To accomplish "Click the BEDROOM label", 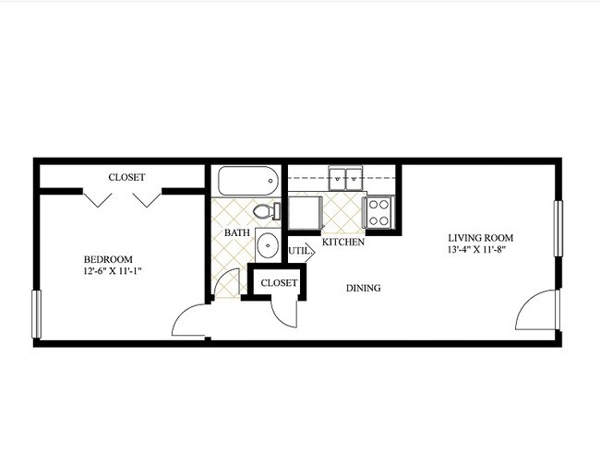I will click(x=109, y=259).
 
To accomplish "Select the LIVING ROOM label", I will click(x=476, y=235).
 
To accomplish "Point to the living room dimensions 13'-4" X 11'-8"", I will click(x=476, y=248).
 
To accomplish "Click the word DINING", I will click(x=364, y=288).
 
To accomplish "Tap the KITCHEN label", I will click(x=342, y=242).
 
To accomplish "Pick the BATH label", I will click(x=237, y=233).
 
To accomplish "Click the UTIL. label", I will click(x=298, y=250).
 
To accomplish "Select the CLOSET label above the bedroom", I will click(x=126, y=177).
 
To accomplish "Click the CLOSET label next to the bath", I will click(x=279, y=283).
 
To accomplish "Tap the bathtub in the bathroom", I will click(x=245, y=181).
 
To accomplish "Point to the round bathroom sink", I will click(x=268, y=245).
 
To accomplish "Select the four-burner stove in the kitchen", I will click(x=379, y=212).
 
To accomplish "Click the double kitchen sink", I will click(x=348, y=176).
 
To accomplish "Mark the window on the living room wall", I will click(x=558, y=227).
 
